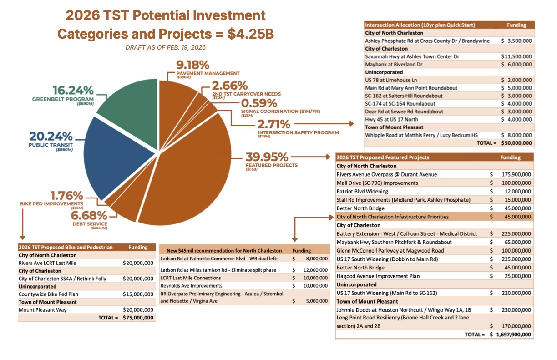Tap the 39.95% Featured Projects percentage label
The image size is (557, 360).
[x=267, y=157]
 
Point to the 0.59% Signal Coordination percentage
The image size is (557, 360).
[x=260, y=103]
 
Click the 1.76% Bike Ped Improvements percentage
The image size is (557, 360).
[x=66, y=196]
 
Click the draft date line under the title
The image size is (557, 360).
[x=166, y=48]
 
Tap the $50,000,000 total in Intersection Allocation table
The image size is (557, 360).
[x=516, y=143]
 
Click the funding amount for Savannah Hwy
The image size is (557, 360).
[x=516, y=56]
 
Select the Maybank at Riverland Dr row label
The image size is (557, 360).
[x=394, y=64]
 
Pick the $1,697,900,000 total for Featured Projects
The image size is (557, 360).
[x=511, y=335]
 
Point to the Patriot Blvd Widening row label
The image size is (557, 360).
[x=362, y=191]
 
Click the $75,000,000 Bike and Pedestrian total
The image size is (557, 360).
[x=138, y=318]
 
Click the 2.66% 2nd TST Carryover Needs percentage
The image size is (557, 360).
[x=230, y=85]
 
